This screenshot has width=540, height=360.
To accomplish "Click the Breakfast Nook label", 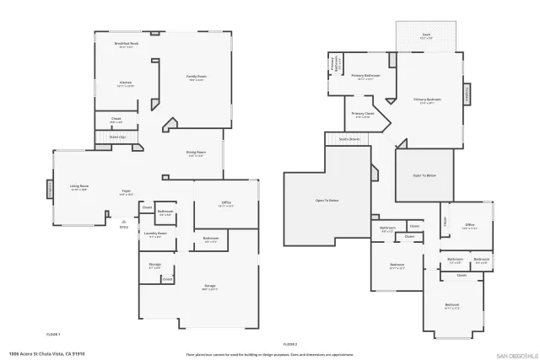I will click(x=127, y=44).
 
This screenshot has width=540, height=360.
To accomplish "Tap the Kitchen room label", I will click(x=125, y=83).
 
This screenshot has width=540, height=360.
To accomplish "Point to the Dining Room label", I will click(x=196, y=153).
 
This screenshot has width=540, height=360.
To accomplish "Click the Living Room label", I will click(x=79, y=187).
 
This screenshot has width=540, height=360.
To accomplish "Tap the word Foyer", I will click(x=125, y=191).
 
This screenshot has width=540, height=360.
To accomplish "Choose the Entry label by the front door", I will click(x=123, y=227).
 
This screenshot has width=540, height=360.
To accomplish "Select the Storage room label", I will click(x=154, y=266).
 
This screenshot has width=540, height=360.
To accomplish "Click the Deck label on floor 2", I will click(x=426, y=35).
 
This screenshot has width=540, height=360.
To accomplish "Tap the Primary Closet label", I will click(x=363, y=114).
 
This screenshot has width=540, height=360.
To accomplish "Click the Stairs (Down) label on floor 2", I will click(x=348, y=139).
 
